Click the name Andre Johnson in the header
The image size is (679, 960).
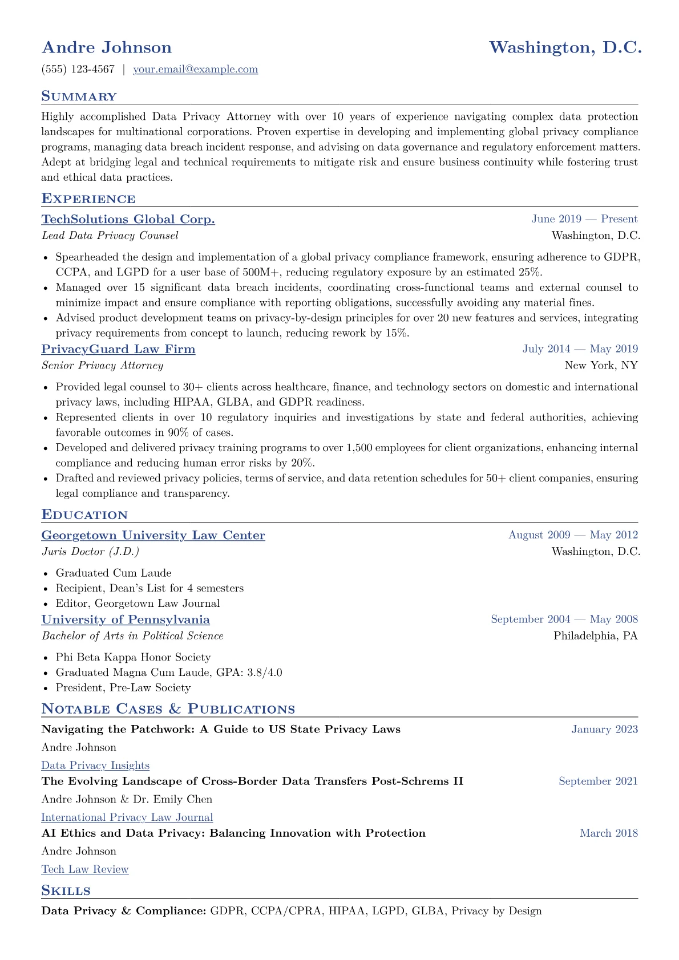[107, 47]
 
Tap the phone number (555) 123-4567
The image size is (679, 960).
[78, 70]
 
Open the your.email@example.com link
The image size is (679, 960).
[195, 70]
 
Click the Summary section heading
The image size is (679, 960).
[79, 96]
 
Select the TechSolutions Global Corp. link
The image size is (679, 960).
[128, 219]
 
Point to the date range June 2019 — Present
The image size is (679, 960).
[584, 219]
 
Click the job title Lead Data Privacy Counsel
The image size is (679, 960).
[110, 236]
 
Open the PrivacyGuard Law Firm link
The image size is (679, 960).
[119, 349]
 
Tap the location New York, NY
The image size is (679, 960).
[601, 366]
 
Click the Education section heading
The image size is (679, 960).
[84, 515]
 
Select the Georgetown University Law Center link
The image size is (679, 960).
[153, 535]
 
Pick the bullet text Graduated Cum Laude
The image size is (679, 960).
[114, 573]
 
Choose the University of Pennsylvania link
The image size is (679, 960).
[126, 619]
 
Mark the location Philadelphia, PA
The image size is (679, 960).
[596, 636]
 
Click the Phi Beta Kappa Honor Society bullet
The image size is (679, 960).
[133, 657]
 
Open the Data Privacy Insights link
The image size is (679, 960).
[95, 765]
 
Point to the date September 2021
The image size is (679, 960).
[598, 781]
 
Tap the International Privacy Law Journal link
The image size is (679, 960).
[127, 817]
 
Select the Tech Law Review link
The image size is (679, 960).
[85, 869]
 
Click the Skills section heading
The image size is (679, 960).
[66, 891]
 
